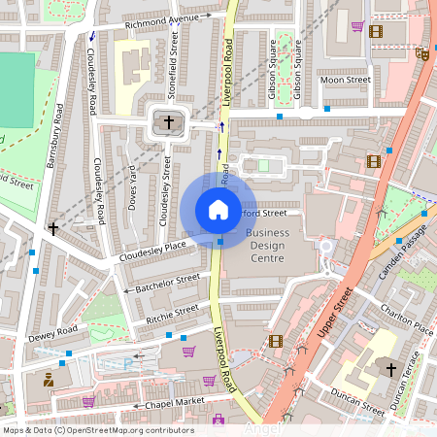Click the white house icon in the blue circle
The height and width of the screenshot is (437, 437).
pos(218,209)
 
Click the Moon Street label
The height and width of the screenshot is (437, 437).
pos(346,80)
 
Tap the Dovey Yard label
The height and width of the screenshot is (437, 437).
pos(132,189)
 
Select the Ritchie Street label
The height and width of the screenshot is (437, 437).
pos(172,314)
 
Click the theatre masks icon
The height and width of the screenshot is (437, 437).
pos(421,55)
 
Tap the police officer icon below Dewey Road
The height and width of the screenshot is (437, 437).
pos(48,378)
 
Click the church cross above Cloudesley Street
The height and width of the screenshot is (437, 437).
pos(169,122)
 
